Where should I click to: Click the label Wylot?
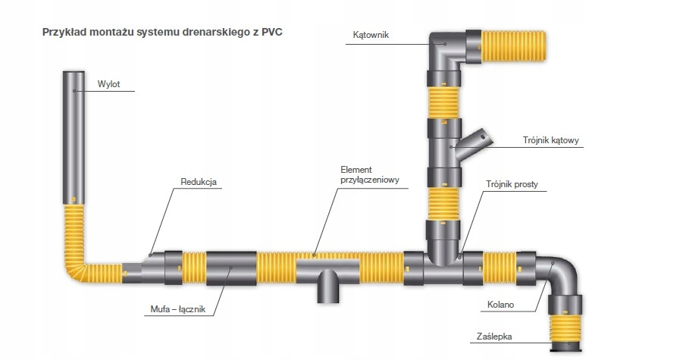point(109,84)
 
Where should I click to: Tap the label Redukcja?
point(199,182)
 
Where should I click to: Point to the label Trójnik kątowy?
point(551,140)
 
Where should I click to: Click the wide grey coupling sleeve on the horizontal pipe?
point(231,268)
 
